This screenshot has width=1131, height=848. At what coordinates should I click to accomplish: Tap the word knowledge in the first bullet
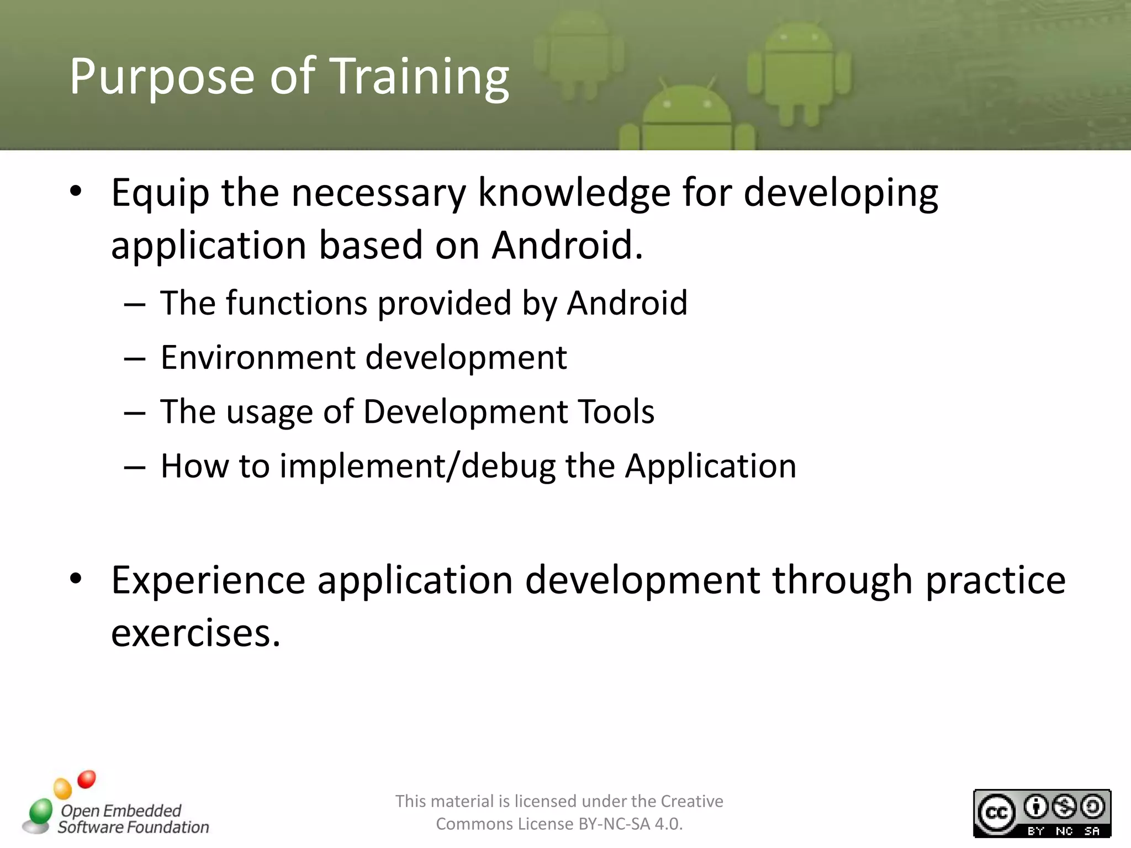coord(574,193)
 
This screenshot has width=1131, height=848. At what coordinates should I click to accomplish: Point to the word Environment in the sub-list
coord(257,357)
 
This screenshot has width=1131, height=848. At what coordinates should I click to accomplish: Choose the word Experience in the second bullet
coord(208,581)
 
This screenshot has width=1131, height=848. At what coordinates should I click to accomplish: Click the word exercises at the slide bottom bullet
coord(195,633)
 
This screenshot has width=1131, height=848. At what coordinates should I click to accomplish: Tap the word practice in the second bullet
coord(995,581)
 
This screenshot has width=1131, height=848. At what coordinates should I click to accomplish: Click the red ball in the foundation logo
coord(87,780)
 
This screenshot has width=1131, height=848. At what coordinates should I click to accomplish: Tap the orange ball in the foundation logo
coord(63,788)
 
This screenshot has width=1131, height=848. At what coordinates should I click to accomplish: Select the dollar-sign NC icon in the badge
coord(1064,807)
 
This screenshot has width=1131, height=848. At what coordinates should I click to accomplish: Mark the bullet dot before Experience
coord(76,579)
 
